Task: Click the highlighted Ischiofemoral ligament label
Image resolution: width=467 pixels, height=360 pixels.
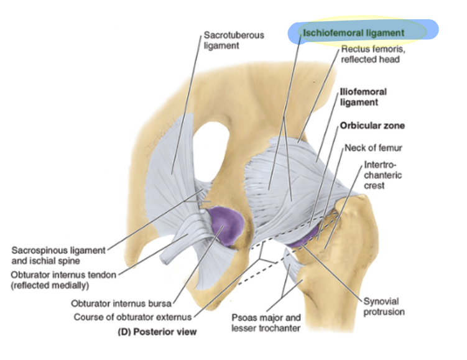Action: click(x=353, y=32)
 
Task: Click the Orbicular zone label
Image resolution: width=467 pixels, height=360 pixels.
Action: click(x=372, y=126)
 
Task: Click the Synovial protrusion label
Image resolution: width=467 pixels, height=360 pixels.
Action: click(x=384, y=307)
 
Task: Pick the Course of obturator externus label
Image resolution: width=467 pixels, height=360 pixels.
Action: click(x=141, y=317)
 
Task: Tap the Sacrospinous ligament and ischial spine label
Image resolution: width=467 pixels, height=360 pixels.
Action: click(x=58, y=255)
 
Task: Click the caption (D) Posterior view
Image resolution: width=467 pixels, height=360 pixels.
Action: click(x=157, y=332)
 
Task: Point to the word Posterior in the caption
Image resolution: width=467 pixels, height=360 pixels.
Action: click(x=158, y=332)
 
